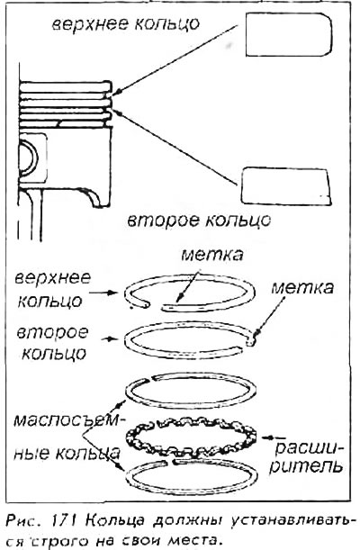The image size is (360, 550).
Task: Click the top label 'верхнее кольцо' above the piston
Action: point(126,24)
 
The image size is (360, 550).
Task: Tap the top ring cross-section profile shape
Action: point(289,34)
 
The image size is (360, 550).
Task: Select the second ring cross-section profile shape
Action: point(286,186)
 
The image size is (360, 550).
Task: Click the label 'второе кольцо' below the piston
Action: point(199,221)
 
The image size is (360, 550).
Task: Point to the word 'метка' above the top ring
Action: point(212,255)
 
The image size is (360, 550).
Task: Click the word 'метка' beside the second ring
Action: point(303,288)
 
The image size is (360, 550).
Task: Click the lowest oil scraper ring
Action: point(192,476)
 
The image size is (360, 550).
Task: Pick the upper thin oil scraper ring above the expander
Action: point(192,391)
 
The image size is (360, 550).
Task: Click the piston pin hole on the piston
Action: point(28,159)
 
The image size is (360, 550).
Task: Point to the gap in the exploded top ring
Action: point(155,306)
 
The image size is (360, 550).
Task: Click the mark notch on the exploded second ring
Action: point(250,342)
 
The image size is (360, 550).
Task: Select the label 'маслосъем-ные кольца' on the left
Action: point(66,436)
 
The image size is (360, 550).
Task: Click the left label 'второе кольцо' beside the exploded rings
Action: point(52,342)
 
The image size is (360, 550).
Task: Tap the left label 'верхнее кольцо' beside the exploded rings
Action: point(52,289)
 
